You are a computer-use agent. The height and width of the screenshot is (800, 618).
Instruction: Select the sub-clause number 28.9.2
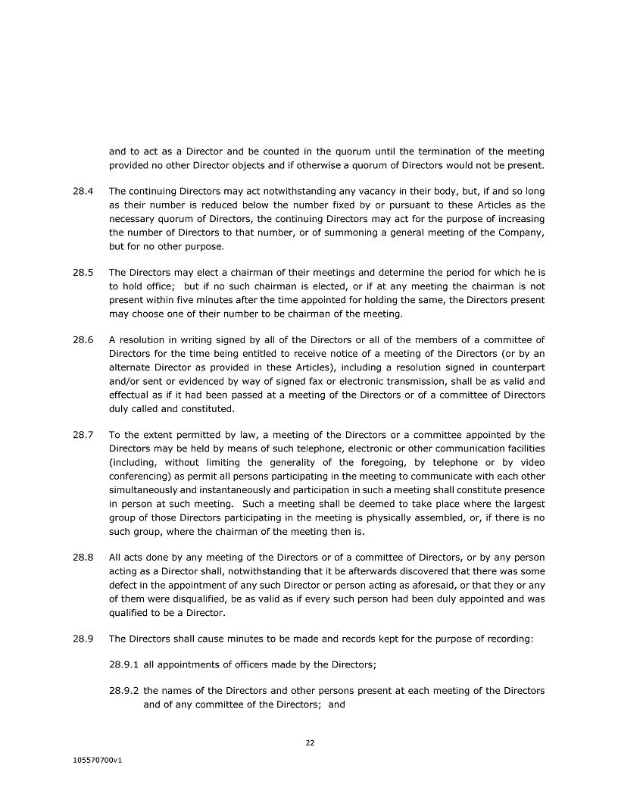point(124,691)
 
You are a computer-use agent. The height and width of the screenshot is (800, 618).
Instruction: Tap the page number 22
point(310,743)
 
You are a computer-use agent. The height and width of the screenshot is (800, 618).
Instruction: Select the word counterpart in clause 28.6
point(511,367)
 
